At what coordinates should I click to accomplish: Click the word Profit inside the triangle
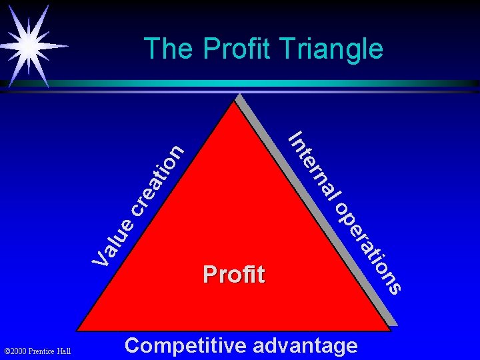click(233, 274)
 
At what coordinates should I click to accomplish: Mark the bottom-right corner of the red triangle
click(389, 329)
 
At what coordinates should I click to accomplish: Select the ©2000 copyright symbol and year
click(20, 351)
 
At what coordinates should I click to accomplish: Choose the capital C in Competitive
click(133, 345)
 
